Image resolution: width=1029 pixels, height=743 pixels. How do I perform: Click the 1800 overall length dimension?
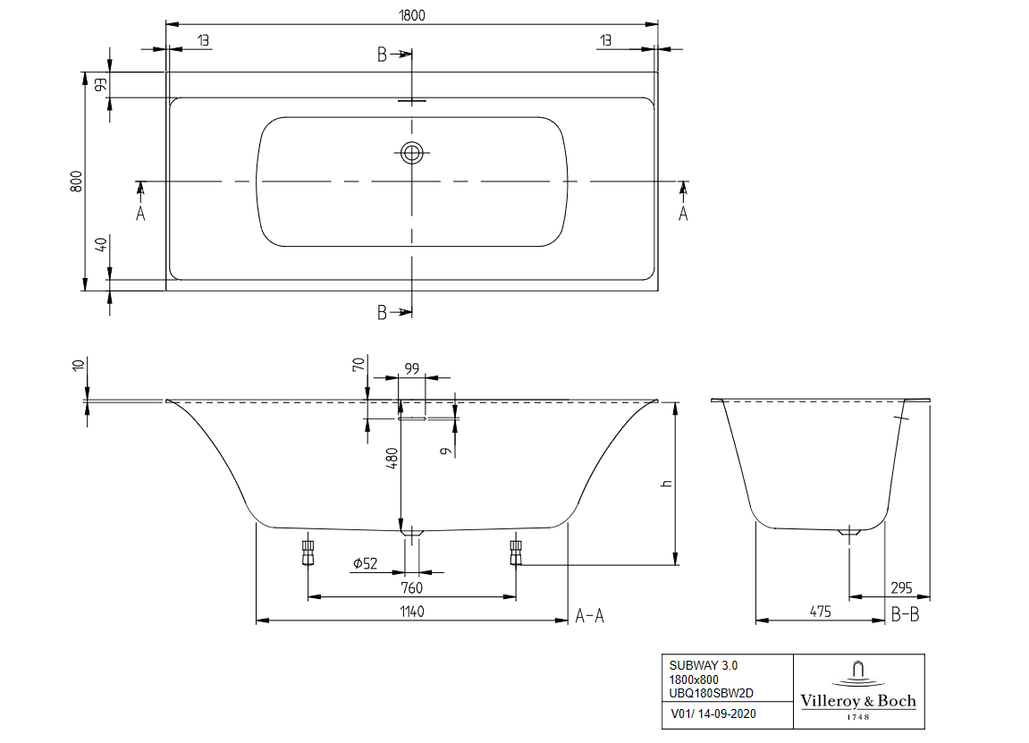pos(412,14)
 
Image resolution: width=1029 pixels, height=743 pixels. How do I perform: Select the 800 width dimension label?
pos(77,181)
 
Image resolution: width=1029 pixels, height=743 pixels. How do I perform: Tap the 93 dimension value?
pos(101,85)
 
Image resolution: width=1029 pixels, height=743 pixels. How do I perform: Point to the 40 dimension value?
pos(101,244)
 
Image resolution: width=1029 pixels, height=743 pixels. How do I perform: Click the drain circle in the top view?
pos(412,153)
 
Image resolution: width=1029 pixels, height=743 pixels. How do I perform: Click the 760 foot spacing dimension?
pos(411,587)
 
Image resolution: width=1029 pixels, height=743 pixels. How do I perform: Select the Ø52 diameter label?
pos(365,563)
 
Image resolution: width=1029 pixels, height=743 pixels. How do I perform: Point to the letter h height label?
pos(665,484)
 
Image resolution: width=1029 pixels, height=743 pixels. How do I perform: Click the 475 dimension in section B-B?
pos(820,612)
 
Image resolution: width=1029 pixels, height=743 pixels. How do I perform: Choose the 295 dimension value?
pos(903,587)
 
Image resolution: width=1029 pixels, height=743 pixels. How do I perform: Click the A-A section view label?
pos(590,616)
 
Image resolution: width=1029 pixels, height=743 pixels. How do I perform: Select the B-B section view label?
pos(906,616)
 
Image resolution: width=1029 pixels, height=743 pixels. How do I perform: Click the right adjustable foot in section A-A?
pos(516,552)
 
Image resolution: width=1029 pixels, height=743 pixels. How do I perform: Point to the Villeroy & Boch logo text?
pos(858,701)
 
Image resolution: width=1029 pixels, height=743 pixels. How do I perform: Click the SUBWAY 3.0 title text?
pos(704,665)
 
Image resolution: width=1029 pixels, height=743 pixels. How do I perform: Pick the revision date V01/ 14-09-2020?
pos(713,713)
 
